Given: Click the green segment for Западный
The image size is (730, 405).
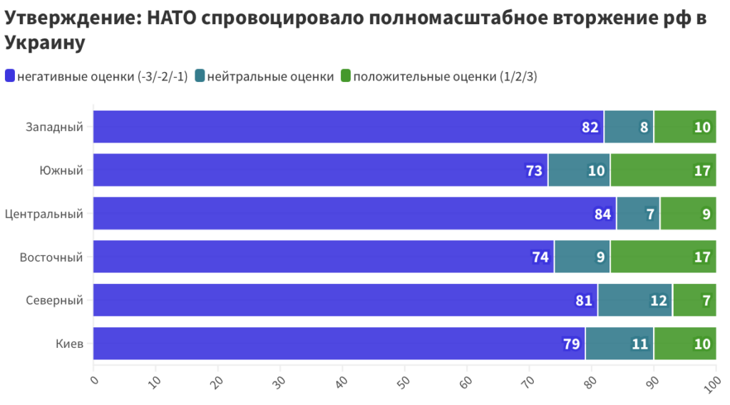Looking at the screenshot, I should point(684,127).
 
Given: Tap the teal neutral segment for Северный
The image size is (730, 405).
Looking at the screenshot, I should point(634,300).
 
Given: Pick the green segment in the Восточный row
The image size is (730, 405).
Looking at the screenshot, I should point(663,257).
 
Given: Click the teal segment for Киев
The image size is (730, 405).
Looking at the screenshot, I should point(619,344).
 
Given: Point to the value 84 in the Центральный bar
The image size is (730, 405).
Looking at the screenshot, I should point(603,214).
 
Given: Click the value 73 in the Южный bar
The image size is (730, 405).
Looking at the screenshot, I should point(535,170).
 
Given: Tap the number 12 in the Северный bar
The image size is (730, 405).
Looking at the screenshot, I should point(658,300).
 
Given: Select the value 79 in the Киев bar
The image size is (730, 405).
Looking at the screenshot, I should point(571,344).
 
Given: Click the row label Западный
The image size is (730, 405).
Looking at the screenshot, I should point(54,127).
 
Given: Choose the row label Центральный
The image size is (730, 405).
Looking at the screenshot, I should point(44,214).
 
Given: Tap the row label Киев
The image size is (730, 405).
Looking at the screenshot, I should point(70,344).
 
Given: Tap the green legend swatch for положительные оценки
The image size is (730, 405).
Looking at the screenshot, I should point(345,76).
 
